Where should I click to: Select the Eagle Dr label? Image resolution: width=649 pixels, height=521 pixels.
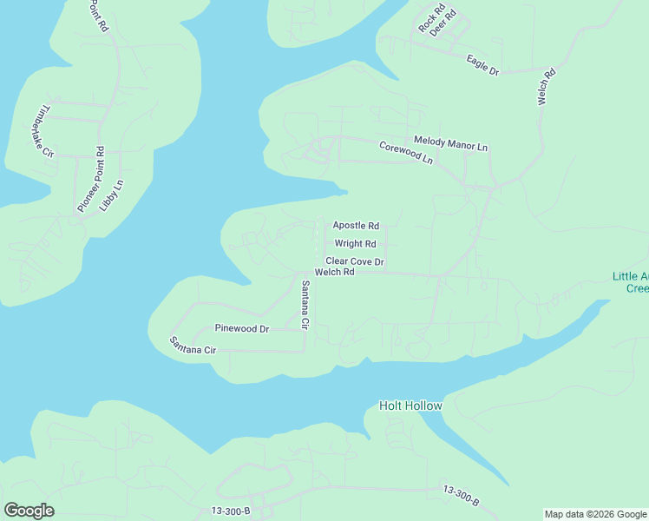[482, 64]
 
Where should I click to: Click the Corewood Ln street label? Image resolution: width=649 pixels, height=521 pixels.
[405, 152]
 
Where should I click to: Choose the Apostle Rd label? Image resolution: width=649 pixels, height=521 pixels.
[356, 226]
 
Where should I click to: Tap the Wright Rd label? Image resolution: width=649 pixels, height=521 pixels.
[355, 244]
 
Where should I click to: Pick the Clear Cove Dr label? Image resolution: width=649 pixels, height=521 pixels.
[355, 261]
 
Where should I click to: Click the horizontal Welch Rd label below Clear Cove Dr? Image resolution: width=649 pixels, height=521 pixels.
[335, 272]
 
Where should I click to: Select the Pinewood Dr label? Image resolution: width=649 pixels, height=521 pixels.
[242, 329]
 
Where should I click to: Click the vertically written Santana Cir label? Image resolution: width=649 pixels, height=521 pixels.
[305, 305]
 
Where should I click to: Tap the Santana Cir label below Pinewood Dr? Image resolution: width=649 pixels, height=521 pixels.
[192, 345]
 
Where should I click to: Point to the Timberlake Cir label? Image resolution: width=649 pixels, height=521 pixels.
[43, 131]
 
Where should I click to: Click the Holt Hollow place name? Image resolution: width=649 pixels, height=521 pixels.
[410, 406]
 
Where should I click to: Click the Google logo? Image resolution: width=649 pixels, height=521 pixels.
[29, 511]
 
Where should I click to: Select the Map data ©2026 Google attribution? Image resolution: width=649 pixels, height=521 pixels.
[595, 514]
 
